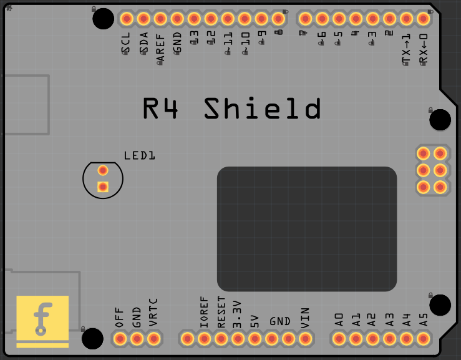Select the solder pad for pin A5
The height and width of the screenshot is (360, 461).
point(423,339)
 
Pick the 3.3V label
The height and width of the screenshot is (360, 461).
point(237,315)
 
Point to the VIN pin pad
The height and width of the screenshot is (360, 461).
point(305,339)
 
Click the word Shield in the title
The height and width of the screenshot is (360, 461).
point(263,109)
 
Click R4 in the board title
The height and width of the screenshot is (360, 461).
point(161,109)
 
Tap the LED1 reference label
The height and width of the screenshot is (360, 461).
point(139,155)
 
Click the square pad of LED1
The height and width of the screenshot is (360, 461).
point(103,186)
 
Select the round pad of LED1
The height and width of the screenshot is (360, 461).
point(103,170)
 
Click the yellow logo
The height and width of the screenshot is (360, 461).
point(42,321)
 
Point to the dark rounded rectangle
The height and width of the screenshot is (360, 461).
point(307,228)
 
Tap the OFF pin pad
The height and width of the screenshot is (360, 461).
point(120,339)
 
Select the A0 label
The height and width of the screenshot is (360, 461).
point(339,320)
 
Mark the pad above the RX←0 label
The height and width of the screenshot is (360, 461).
point(423,18)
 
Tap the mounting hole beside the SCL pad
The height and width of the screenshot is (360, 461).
point(103,19)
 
